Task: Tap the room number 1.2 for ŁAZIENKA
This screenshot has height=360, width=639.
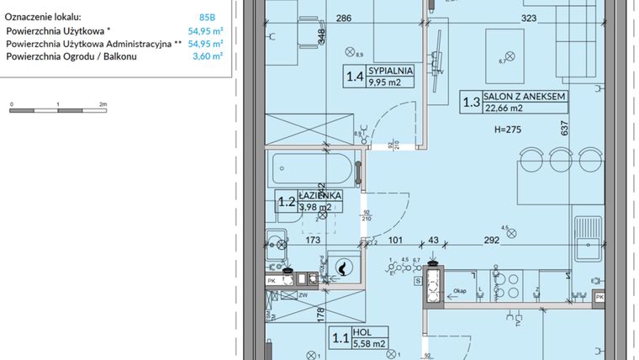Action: pos(287,201)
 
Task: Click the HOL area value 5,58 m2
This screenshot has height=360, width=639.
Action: pos(369,343)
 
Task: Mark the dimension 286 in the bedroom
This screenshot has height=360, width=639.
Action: pos(319,17)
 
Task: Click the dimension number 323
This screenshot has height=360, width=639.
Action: pos(529,17)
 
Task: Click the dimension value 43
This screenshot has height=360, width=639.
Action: pos(434,240)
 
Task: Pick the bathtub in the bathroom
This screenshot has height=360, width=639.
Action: pos(313,172)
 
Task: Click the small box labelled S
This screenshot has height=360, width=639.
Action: pos(417,282)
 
